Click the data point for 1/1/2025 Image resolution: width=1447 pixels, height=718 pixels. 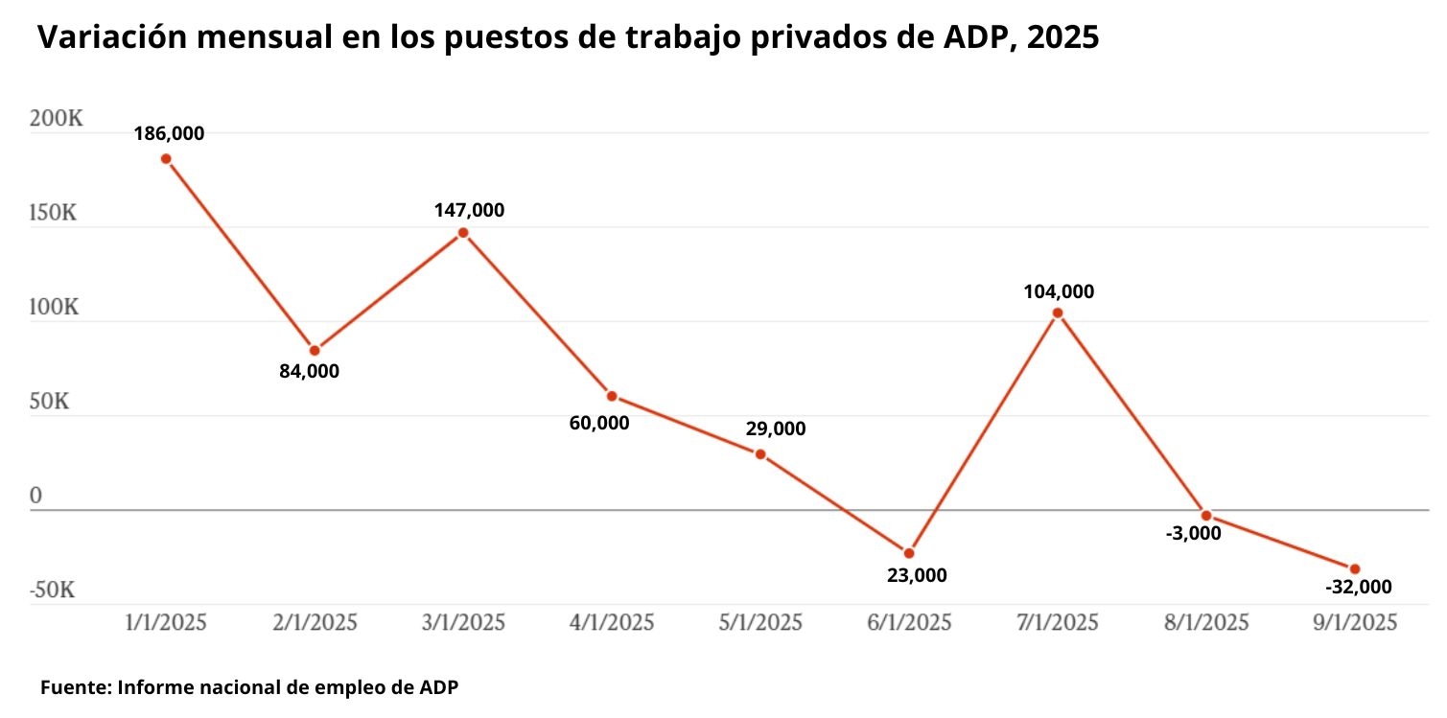pos(166,159)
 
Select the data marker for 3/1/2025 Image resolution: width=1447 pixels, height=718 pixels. pos(463,233)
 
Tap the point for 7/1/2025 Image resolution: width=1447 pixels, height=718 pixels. pos(1058,313)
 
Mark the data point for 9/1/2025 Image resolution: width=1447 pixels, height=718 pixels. pos(1355,569)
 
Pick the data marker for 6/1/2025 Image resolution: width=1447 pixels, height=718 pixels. pos(909,553)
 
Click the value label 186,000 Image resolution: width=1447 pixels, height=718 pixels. pos(169,134)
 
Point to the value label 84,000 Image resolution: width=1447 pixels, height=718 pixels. pos(309,372)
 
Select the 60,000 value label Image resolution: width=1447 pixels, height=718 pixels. pos(599,422)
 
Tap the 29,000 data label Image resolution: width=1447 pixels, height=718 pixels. pos(776,429)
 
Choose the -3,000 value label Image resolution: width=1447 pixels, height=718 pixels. pos(1193,533)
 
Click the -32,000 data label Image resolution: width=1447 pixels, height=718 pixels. pos(1357,587)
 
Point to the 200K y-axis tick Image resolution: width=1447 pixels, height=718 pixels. pos(57,120)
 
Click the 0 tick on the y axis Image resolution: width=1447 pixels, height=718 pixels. pos(36,496)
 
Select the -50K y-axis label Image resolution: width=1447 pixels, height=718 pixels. pos(52,590)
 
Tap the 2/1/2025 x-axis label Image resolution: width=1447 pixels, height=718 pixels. pos(315,623)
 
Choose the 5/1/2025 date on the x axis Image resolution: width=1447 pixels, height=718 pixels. pos(760,623)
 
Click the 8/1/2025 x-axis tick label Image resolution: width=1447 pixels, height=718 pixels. pos(1206,623)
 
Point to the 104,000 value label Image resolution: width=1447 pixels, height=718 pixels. pos(1059,292)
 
